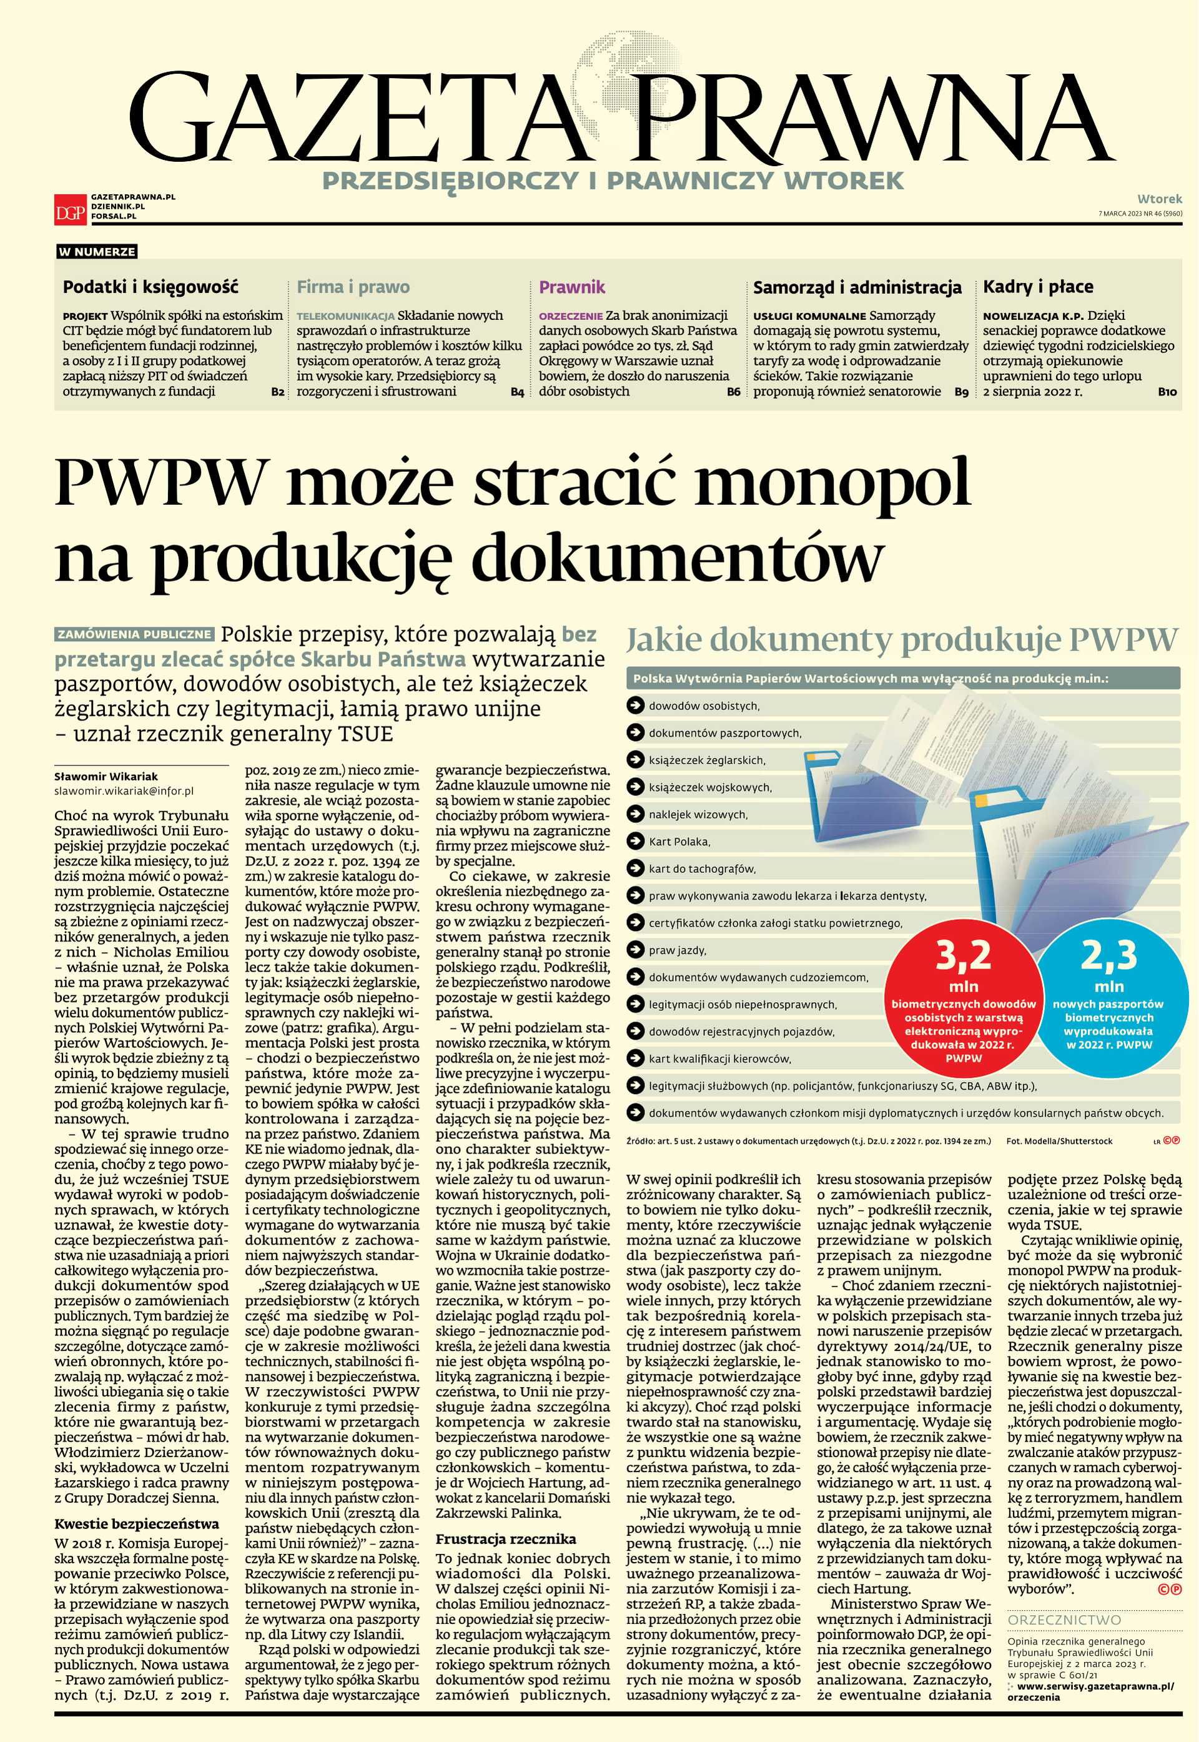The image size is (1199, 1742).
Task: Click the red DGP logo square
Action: [70, 208]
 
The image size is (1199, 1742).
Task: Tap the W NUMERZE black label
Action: [97, 252]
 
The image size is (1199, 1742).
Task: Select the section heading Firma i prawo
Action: [353, 287]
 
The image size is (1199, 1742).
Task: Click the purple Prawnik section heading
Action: [571, 287]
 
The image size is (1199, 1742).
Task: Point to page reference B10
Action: [1167, 392]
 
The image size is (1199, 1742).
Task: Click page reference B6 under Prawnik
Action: [733, 392]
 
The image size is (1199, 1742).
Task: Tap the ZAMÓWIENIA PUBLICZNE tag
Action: [134, 634]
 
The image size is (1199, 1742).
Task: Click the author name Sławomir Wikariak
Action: [106, 776]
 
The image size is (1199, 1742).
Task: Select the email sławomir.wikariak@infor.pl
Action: [124, 790]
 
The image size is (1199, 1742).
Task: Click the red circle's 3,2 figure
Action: [963, 956]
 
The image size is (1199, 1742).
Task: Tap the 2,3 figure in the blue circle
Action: [1109, 956]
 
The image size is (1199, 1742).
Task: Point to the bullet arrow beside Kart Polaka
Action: [636, 842]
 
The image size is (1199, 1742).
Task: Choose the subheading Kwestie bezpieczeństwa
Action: [137, 1524]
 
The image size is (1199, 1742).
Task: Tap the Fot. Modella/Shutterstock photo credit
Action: [1059, 1142]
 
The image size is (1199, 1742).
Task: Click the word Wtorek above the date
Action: [1159, 199]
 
